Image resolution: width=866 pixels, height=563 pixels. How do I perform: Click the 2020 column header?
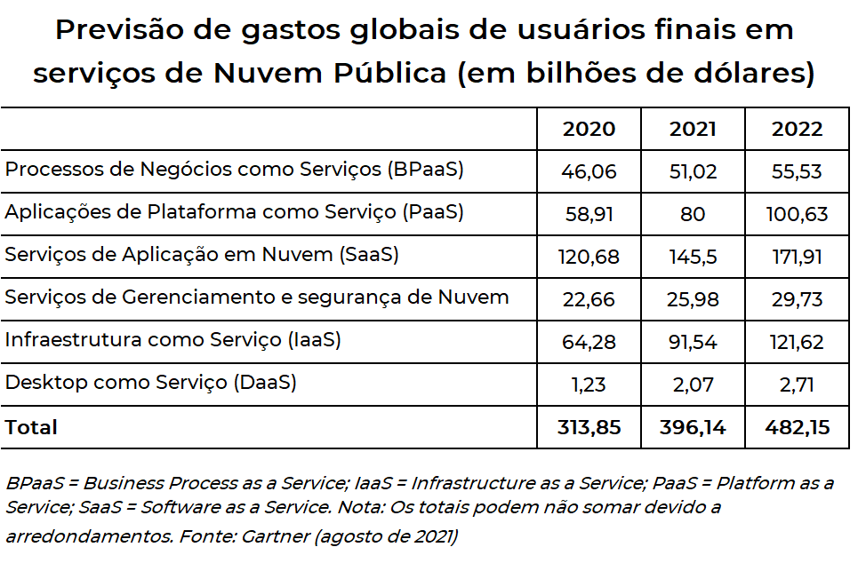589,130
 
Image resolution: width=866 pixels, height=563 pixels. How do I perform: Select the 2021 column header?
693,130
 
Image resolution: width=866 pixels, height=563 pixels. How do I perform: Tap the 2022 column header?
798,130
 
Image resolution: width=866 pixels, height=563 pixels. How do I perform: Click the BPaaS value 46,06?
589,172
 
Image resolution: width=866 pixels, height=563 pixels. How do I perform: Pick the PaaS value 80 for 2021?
693,215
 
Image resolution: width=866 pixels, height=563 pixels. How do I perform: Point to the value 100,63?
798,215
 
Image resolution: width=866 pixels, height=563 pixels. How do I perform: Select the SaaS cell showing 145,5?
693,258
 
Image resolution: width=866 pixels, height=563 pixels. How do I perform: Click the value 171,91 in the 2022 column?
798,258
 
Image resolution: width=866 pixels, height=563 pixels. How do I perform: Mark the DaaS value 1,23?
589,385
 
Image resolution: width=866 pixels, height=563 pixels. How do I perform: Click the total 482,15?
798,428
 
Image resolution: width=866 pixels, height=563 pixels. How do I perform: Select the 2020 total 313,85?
589,428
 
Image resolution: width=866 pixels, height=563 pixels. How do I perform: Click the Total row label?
31,428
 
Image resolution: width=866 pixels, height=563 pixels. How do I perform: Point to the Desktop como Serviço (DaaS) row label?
151,384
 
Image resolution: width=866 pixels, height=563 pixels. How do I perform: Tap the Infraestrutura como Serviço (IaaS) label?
173,341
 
